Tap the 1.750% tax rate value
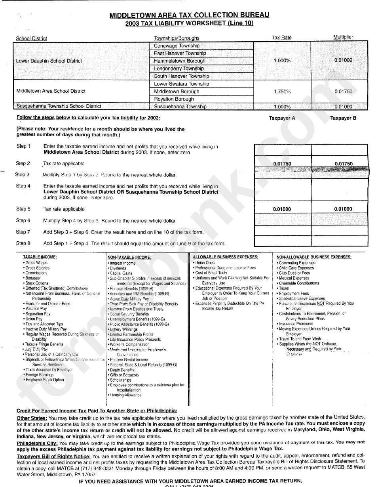click(282, 92)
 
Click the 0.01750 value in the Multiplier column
click(343, 92)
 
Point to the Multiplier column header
click(343, 37)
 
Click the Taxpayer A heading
click(282, 118)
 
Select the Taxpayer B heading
click(343, 118)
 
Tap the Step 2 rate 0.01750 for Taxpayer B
click(343, 164)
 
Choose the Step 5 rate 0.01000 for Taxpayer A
click(282, 209)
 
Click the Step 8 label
click(23, 244)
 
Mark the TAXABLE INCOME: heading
click(40, 257)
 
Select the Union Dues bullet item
click(205, 263)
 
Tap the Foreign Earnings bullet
click(39, 374)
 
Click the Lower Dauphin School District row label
click(49, 61)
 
